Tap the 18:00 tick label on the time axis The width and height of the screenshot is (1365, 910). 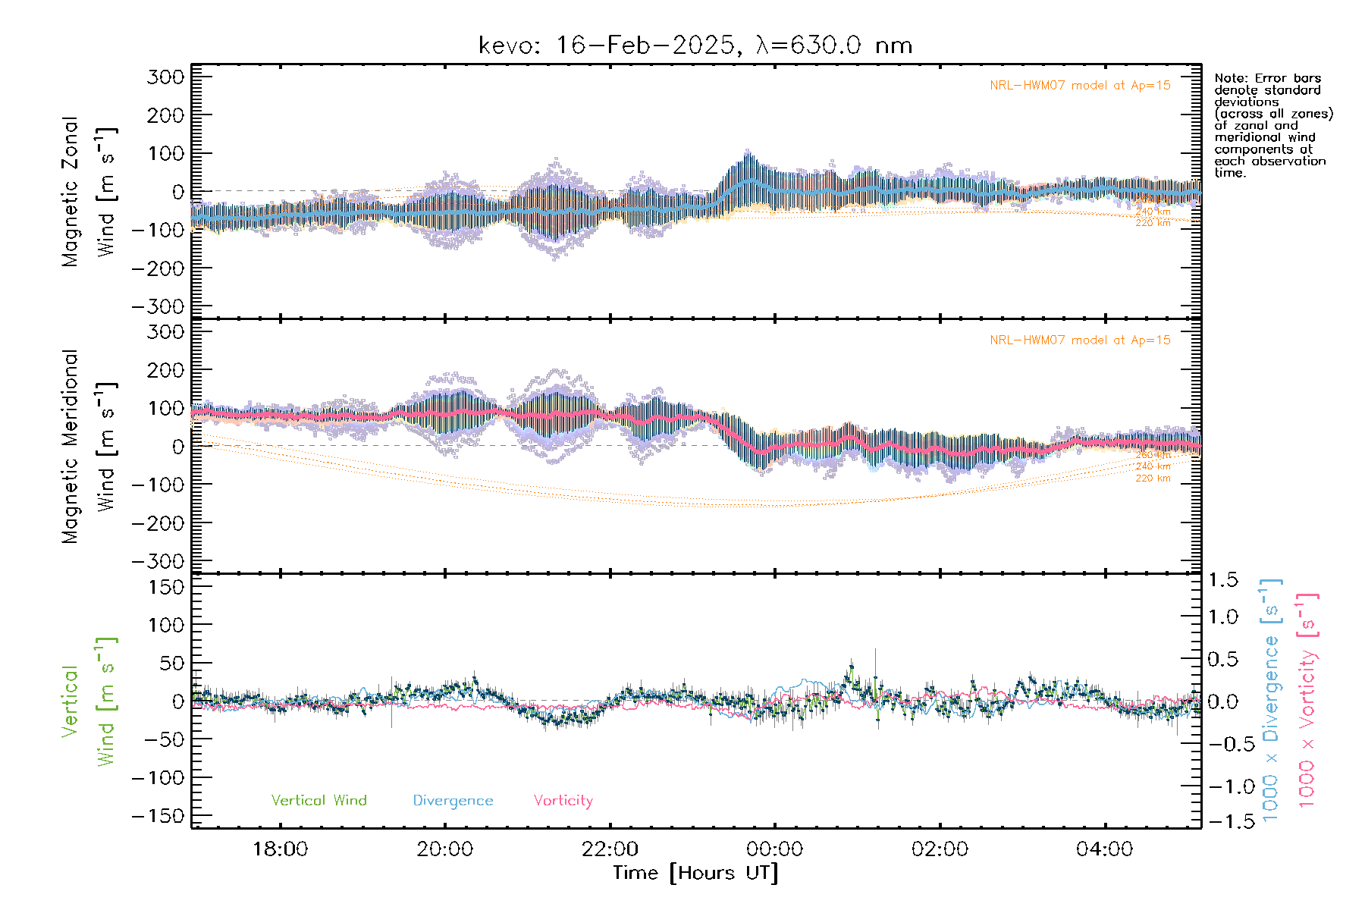pyautogui.click(x=280, y=849)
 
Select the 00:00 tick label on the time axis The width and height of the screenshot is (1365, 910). pyautogui.click(x=775, y=849)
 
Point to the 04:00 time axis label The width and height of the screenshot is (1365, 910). pyautogui.click(x=1105, y=849)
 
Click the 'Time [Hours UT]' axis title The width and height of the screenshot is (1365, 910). pyautogui.click(x=695, y=874)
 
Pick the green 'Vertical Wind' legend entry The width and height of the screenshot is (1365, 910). pyautogui.click(x=318, y=801)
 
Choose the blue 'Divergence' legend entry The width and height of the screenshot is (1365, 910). pyautogui.click(x=453, y=801)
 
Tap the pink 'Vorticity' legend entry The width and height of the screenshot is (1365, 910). pyautogui.click(x=563, y=801)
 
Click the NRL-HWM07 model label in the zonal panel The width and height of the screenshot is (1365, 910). pyautogui.click(x=1080, y=86)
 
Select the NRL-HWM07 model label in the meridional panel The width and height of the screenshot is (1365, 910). pyautogui.click(x=1080, y=340)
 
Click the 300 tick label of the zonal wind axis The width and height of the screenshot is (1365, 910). pyautogui.click(x=166, y=77)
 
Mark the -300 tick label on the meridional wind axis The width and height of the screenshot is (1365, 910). pyautogui.click(x=158, y=561)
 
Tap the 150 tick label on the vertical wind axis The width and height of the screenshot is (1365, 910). pyautogui.click(x=166, y=587)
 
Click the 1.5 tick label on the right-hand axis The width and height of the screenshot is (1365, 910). pyautogui.click(x=1223, y=580)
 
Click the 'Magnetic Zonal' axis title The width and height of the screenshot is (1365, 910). pyautogui.click(x=71, y=192)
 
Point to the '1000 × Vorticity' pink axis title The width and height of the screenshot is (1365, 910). pyautogui.click(x=1307, y=700)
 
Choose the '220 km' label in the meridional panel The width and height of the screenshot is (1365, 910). pyautogui.click(x=1153, y=479)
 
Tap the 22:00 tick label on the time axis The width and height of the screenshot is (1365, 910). pyautogui.click(x=610, y=849)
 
